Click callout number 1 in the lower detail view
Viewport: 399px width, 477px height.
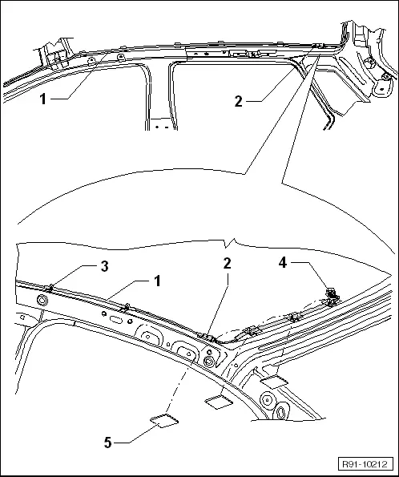pos(158,281)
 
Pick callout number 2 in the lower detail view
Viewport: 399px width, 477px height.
pos(228,264)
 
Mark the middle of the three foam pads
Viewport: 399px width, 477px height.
pos(218,398)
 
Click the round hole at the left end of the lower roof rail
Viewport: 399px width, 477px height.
pos(41,299)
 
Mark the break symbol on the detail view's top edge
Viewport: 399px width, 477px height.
pos(230,241)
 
